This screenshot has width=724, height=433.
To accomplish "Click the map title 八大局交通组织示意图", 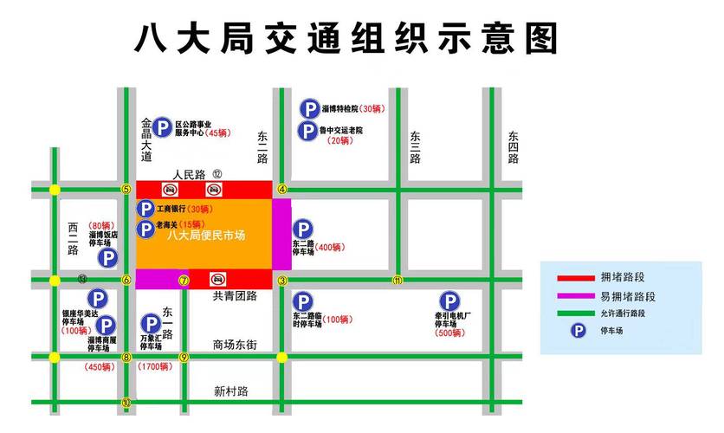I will click(x=346, y=39).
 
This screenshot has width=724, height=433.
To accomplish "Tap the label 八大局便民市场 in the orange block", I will click(x=205, y=236).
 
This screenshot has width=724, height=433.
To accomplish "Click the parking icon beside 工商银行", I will click(x=145, y=209).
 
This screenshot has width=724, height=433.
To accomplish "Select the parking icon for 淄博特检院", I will click(x=308, y=110).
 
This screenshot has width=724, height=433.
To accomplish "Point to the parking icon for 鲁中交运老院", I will click(x=308, y=132).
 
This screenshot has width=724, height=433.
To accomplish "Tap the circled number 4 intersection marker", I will click(x=281, y=189).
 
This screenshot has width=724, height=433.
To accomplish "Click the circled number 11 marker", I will click(x=398, y=280).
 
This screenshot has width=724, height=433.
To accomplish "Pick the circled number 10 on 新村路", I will click(x=126, y=402).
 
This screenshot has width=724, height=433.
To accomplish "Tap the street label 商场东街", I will click(x=235, y=346).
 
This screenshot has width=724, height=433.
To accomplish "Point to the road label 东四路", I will click(x=513, y=147).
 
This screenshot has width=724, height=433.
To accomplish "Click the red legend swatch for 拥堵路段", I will click(x=574, y=278).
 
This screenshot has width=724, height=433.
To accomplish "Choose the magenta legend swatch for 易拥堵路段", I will click(x=574, y=296).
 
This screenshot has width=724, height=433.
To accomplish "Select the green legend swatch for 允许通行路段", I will click(x=574, y=313).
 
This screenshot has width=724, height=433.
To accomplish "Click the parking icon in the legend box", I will click(x=575, y=331).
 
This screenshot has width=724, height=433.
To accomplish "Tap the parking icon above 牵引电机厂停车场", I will click(x=449, y=300).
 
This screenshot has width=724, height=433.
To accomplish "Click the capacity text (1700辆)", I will click(x=156, y=367).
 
